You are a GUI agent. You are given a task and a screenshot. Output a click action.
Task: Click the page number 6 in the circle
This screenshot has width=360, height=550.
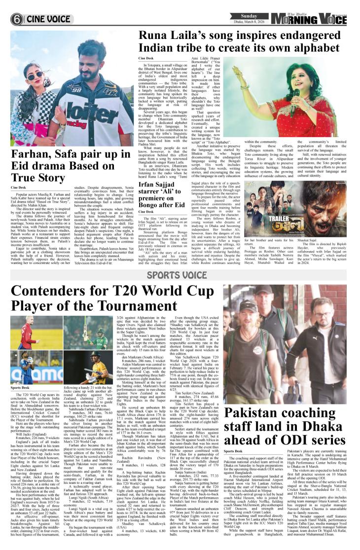(17, 19)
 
